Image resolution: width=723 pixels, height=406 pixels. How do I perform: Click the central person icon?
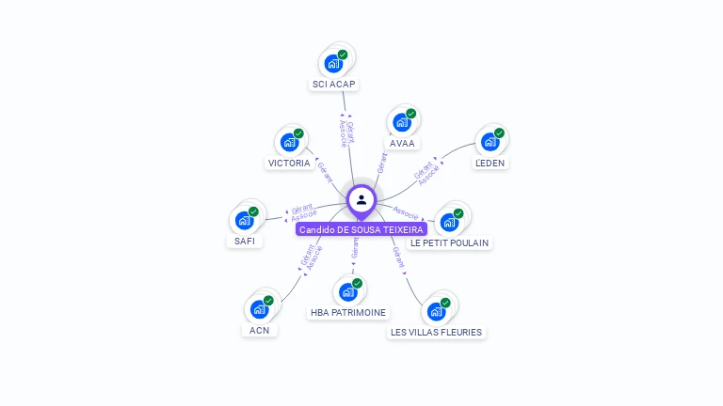pyautogui.click(x=361, y=199)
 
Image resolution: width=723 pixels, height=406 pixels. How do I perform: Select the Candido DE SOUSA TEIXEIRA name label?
pyautogui.click(x=361, y=229)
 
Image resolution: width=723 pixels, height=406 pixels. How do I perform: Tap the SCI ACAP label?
pyautogui.click(x=333, y=85)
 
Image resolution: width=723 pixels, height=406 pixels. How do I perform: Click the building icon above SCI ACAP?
pyautogui.click(x=332, y=63)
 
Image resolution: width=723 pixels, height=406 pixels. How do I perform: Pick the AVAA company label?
pyautogui.click(x=402, y=144)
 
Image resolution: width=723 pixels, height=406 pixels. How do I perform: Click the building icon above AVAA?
pyautogui.click(x=402, y=122)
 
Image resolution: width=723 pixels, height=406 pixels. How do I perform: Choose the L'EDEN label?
pyautogui.click(x=490, y=163)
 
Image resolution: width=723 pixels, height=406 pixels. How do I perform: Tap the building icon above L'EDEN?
pyautogui.click(x=490, y=142)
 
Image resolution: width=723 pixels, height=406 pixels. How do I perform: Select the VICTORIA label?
pyautogui.click(x=289, y=163)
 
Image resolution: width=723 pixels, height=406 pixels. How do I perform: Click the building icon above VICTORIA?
pyautogui.click(x=289, y=142)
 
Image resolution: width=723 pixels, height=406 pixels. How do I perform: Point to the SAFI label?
pyautogui.click(x=245, y=241)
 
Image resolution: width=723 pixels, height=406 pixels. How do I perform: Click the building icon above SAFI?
pyautogui.click(x=245, y=220)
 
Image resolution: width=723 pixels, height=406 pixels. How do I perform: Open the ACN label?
pyautogui.click(x=260, y=330)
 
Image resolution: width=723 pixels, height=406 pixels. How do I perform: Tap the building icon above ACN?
pyautogui.click(x=260, y=308)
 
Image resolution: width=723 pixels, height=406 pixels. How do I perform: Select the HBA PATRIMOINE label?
pyautogui.click(x=348, y=312)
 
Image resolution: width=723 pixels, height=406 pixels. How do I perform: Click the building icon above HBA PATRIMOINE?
pyautogui.click(x=348, y=291)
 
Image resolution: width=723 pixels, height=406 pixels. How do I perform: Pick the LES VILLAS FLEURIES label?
pyautogui.click(x=436, y=332)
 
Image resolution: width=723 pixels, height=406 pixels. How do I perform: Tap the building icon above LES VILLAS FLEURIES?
pyautogui.click(x=436, y=311)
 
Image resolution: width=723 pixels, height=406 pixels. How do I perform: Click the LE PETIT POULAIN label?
pyautogui.click(x=450, y=242)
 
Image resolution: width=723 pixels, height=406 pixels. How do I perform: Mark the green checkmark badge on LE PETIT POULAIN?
pyautogui.click(x=458, y=213)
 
